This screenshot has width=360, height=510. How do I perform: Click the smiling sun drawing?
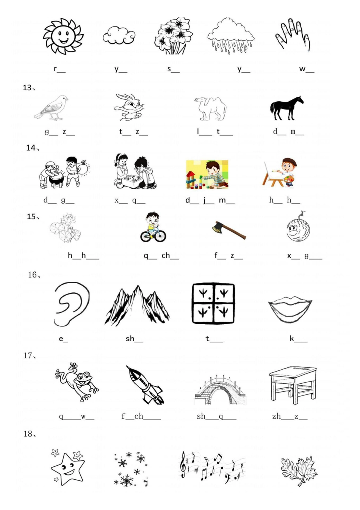click(x=63, y=36)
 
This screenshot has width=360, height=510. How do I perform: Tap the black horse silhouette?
click(x=286, y=108)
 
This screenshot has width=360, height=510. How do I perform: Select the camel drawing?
click(x=211, y=108)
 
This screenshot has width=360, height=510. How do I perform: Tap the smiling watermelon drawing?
click(x=298, y=228)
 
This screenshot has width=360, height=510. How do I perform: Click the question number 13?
click(x=27, y=88)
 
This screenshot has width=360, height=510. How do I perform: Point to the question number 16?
click(x=33, y=275)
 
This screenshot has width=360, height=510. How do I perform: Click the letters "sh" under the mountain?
click(x=130, y=338)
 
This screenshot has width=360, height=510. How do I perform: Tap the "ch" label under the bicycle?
click(x=166, y=255)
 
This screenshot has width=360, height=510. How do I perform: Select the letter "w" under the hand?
click(x=302, y=69)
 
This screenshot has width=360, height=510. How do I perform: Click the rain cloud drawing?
click(x=231, y=36)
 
